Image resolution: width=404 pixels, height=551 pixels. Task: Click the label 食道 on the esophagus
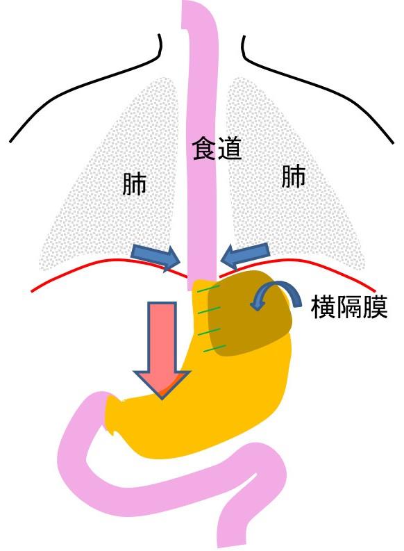click(217, 149)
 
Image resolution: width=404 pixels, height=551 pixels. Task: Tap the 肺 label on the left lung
click(134, 184)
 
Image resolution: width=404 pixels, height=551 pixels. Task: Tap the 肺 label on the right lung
click(294, 176)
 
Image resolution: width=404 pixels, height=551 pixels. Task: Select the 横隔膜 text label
click(349, 307)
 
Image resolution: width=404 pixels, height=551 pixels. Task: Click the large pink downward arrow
click(162, 350)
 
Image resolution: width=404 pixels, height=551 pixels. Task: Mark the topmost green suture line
click(208, 289)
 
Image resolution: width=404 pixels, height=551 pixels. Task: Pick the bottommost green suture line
click(215, 348)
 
